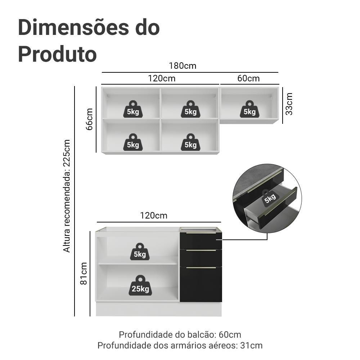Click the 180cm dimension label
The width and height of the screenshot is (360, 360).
[183, 66]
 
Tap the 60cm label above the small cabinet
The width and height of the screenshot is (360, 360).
[248, 78]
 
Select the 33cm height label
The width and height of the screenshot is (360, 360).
[289, 104]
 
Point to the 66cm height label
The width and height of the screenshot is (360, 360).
[89, 119]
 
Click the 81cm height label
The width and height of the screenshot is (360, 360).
[84, 274]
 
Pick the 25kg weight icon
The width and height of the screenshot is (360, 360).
[140, 285]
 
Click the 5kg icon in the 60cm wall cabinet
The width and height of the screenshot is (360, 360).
[249, 109]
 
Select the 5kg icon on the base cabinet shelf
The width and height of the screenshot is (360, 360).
[140, 252]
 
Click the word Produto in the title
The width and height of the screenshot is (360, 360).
[57, 54]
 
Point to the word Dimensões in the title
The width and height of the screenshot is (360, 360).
[73, 28]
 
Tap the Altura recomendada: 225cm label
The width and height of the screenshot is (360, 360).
[67, 196]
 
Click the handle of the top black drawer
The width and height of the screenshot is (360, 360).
[201, 233]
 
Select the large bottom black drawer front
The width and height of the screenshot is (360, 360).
[201, 284]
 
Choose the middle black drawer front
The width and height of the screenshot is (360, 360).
[201, 258]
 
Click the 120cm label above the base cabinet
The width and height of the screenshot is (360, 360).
[154, 216]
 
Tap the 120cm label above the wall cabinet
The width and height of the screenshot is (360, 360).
[162, 78]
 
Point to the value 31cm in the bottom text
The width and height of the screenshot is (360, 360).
[251, 345]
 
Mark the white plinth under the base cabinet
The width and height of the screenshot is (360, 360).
[159, 309]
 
